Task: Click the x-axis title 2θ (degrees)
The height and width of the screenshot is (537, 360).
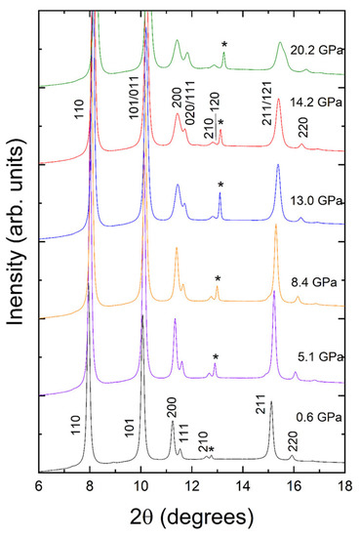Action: click(x=191, y=520)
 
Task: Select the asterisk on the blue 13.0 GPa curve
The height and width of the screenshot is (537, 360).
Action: click(x=220, y=186)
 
